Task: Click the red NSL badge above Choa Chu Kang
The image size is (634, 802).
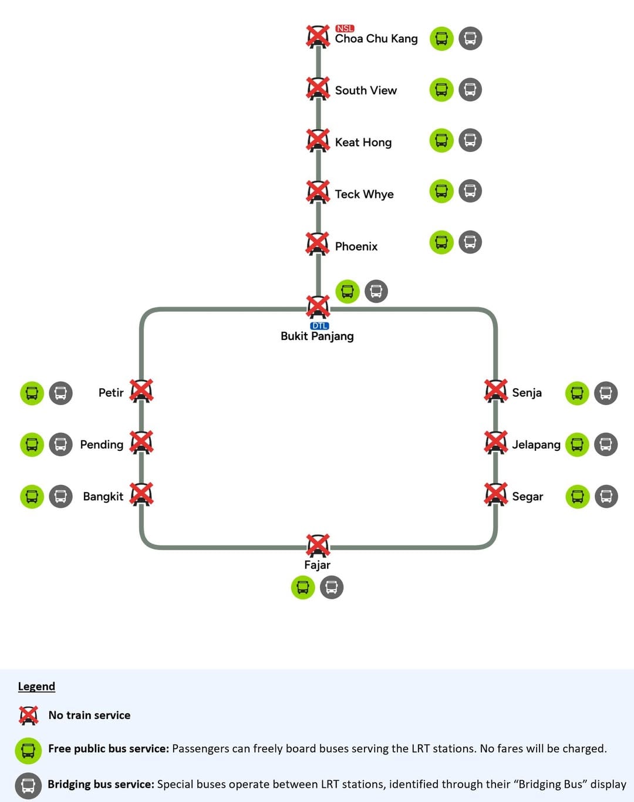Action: [345, 28]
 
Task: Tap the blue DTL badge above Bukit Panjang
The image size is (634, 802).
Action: [319, 326]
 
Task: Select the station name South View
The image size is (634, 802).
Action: [366, 90]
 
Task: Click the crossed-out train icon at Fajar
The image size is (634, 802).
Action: [318, 545]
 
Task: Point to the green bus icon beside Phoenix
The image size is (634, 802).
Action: [441, 242]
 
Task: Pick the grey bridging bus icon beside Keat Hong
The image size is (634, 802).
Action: [470, 140]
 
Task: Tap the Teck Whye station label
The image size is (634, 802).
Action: [364, 194]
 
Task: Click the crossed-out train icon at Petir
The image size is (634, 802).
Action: [141, 391]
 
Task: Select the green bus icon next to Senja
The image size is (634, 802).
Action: [577, 393]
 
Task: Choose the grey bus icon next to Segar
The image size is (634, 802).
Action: [606, 497]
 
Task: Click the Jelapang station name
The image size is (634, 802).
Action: [536, 444]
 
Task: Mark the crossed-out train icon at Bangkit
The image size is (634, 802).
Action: [141, 494]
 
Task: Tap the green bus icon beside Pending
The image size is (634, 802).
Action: [32, 444]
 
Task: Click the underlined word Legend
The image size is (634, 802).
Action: [36, 686]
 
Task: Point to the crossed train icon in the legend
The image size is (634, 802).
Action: [28, 715]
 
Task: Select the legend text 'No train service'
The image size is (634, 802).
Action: [89, 715]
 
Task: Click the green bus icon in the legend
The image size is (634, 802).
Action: [28, 750]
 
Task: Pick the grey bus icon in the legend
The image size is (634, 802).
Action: [28, 786]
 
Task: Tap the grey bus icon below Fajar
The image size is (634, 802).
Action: [332, 587]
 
